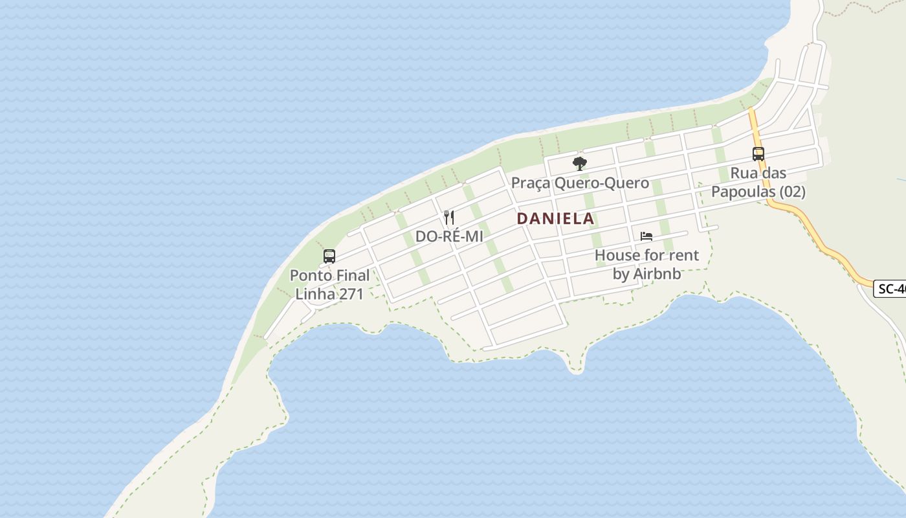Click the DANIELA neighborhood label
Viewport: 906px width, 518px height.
pyautogui.click(x=555, y=218)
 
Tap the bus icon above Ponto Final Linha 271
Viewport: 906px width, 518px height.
pyautogui.click(x=329, y=256)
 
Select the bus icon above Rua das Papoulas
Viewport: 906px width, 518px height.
pyautogui.click(x=758, y=154)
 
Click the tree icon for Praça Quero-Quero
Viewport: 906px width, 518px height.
pyautogui.click(x=580, y=163)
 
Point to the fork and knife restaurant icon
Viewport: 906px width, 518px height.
pyautogui.click(x=449, y=217)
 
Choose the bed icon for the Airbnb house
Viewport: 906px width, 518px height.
pyautogui.click(x=646, y=236)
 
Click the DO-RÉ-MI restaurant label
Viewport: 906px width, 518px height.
pyautogui.click(x=449, y=236)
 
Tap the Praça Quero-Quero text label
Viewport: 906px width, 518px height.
pyautogui.click(x=580, y=183)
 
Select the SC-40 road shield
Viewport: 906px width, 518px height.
pyautogui.click(x=890, y=289)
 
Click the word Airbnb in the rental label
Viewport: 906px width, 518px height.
pyautogui.click(x=657, y=274)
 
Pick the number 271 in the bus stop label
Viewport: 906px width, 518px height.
pyautogui.click(x=349, y=294)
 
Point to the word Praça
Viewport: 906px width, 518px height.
pyautogui.click(x=531, y=183)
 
